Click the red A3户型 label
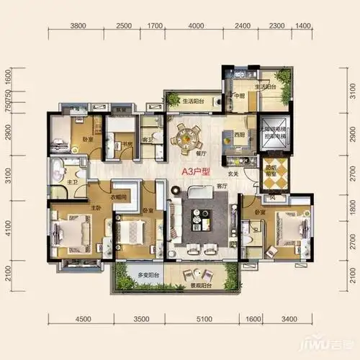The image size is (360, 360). pos(195,172)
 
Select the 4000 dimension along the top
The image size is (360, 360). pos(195,26)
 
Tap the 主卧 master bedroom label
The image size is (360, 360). pos(95,209)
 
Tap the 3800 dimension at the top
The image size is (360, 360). pos(78,26)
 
